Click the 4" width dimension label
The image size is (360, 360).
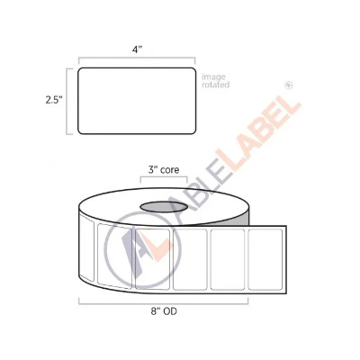click(137, 49)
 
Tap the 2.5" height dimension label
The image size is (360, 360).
click(54, 100)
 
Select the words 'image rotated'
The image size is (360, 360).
click(216, 81)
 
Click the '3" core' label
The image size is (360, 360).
click(164, 170)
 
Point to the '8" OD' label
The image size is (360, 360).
click(164, 311)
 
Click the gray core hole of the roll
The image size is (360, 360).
click(164, 207)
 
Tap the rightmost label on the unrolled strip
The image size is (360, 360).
click(265, 259)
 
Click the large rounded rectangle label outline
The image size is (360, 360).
click(137, 67)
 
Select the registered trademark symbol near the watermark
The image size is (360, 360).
click(289, 85)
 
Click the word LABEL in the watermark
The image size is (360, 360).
click(258, 133)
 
